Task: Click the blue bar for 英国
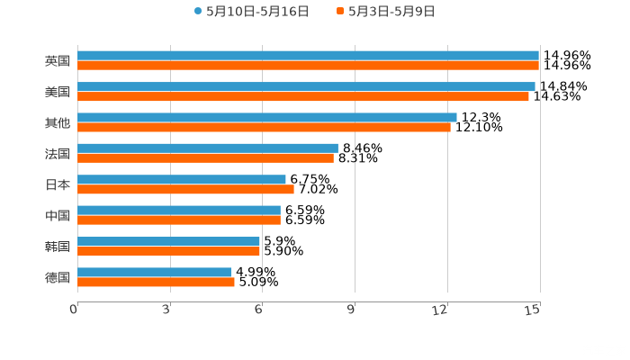point(308,56)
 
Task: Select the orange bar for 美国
point(303,96)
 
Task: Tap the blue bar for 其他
point(267,117)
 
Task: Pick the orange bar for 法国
point(205,158)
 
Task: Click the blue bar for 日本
point(182,179)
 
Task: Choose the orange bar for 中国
point(179,220)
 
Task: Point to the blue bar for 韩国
point(168,241)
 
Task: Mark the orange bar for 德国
point(156,282)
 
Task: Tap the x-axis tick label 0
point(74,310)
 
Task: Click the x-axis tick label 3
point(166,310)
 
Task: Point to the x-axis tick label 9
point(351,310)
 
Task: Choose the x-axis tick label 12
point(441,310)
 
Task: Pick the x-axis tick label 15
point(533,310)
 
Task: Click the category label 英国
point(58,61)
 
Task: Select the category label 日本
point(58,184)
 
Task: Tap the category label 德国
point(58,277)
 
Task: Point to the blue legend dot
point(198,12)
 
